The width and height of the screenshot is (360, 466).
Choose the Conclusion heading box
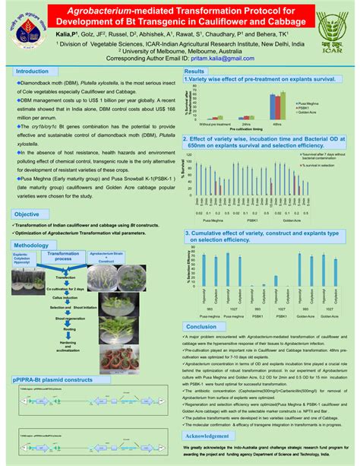click(201, 325)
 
